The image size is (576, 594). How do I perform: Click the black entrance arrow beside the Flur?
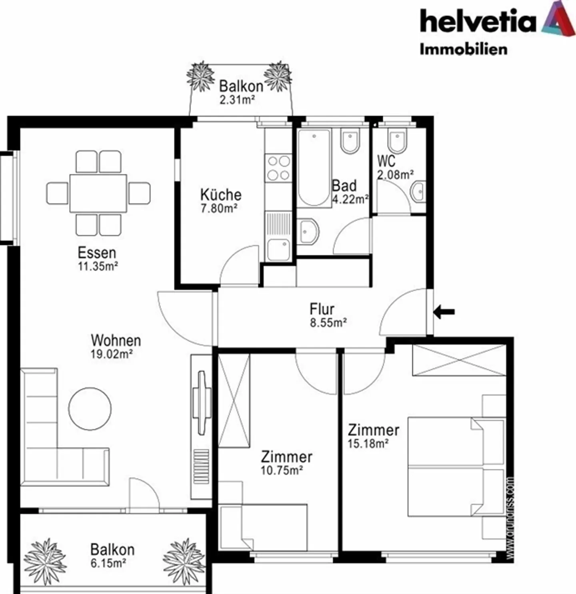[444, 311]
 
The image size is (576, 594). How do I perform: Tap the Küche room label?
[221, 195]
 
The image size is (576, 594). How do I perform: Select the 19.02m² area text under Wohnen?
[112, 354]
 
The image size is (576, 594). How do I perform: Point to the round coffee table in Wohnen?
[90, 409]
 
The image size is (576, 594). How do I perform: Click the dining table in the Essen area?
[98, 193]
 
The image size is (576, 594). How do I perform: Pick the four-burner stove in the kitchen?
[279, 168]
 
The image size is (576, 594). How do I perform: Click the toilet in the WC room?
[397, 141]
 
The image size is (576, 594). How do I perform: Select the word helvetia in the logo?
[478, 22]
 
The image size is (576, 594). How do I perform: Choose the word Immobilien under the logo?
[463, 49]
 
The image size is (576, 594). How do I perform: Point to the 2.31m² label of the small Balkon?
[237, 100]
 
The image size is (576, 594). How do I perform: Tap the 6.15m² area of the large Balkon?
[108, 563]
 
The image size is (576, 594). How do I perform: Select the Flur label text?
[322, 309]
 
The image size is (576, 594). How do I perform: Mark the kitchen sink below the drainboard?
[278, 250]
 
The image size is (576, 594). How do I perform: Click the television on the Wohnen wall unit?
[202, 403]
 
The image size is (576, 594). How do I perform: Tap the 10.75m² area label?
[282, 470]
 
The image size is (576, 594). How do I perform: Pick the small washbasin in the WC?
[418, 192]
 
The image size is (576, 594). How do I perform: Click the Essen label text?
[97, 253]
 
